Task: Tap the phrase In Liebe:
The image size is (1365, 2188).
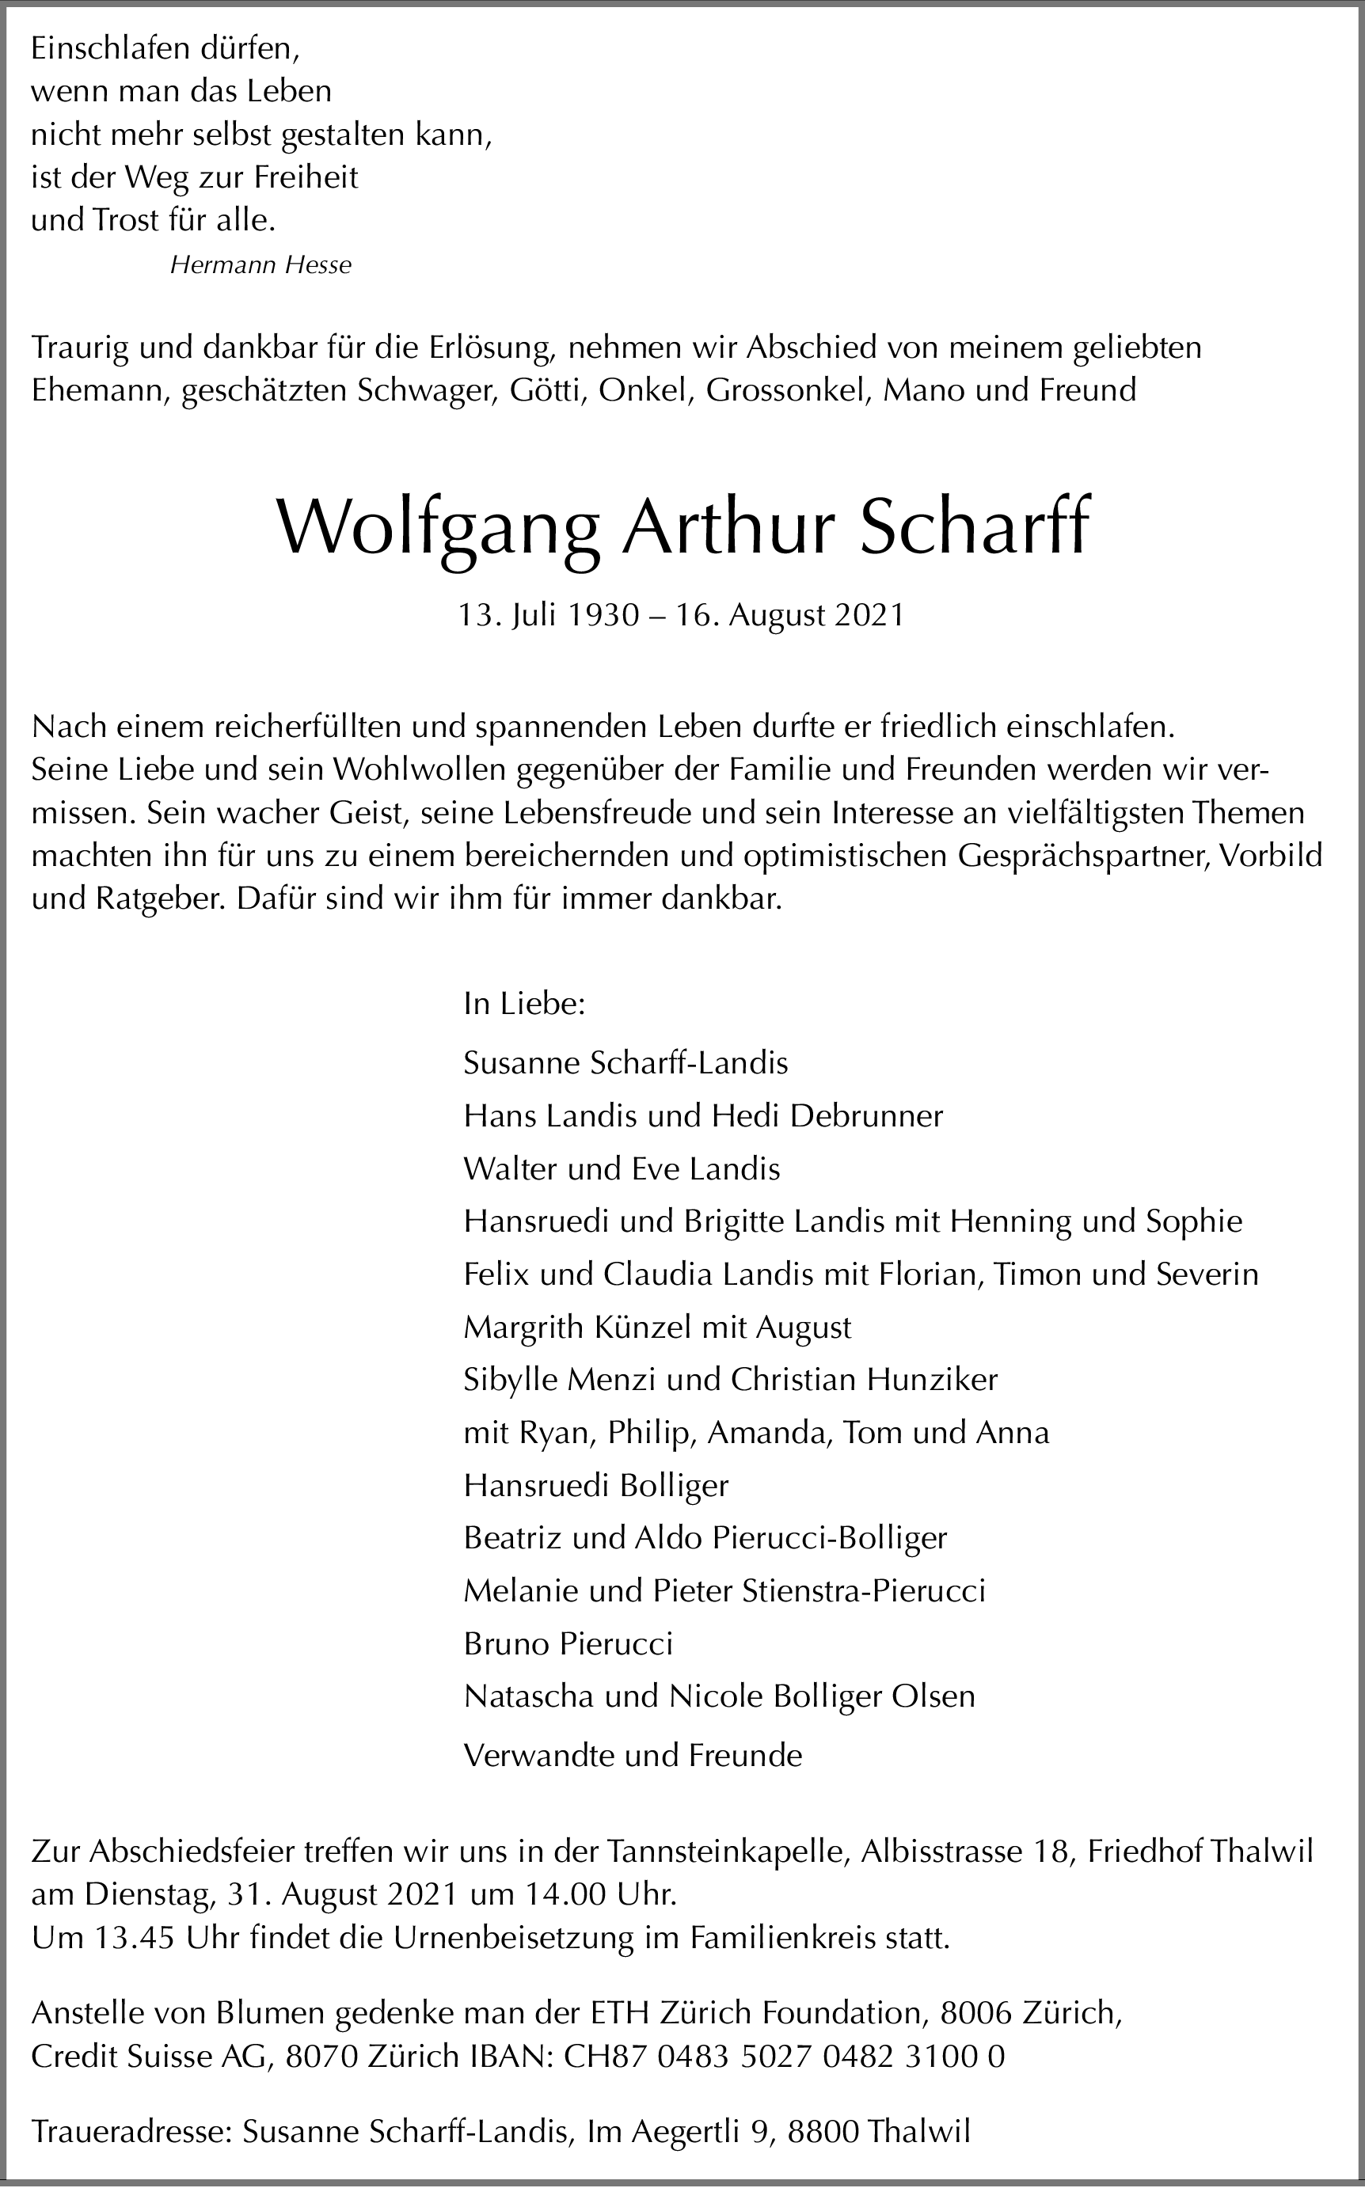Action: tap(524, 1004)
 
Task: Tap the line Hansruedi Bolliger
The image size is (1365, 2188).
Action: tap(596, 1486)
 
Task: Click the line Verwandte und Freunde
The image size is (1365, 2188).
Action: tap(633, 1756)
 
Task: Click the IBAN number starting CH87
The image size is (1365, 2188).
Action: tap(784, 2057)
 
